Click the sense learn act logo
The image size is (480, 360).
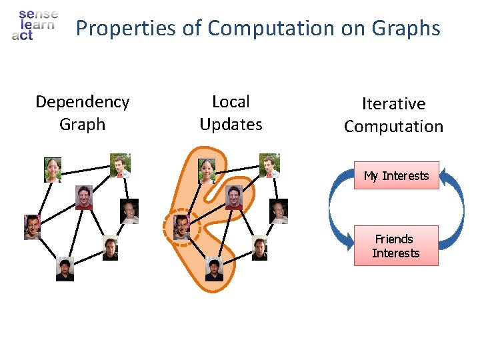[x=34, y=25]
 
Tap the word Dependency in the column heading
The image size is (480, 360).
[x=82, y=102]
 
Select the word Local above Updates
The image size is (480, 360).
[x=231, y=102]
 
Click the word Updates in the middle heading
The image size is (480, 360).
[x=231, y=125]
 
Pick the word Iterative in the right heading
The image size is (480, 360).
[x=393, y=104]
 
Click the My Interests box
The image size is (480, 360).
[x=396, y=175]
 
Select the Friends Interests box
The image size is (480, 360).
[x=396, y=246]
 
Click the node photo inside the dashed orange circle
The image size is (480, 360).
[x=182, y=227]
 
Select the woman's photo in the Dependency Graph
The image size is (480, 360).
[x=53, y=170]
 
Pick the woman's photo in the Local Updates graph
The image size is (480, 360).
[x=207, y=171]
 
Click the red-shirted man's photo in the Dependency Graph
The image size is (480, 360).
[x=83, y=197]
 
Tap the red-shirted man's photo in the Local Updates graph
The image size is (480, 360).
[x=233, y=197]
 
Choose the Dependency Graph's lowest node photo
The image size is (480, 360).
[x=65, y=269]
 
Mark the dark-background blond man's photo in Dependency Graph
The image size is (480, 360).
[x=129, y=211]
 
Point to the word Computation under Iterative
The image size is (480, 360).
[x=393, y=127]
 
